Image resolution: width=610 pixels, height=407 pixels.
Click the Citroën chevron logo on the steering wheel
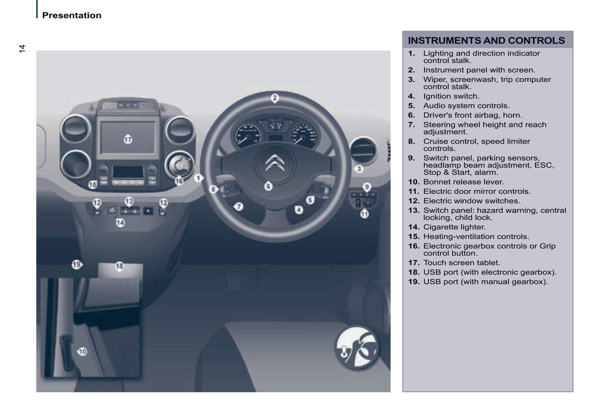pos(275,163)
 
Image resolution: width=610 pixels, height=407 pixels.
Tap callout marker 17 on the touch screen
pos(128,139)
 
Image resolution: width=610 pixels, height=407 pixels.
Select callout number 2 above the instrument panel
pos(275,98)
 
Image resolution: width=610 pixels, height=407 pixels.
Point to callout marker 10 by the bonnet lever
pos(82,352)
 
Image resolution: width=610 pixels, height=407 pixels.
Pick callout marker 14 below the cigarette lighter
pos(120,223)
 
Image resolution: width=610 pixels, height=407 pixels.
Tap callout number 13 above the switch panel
pos(129,201)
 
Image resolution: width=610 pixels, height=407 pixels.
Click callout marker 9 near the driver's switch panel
pos(367,187)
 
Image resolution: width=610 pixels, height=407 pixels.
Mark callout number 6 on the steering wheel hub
pos(268,186)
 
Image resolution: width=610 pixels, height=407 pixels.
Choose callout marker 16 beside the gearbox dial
pos(179,181)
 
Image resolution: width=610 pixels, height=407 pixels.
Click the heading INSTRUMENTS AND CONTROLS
pos(486,40)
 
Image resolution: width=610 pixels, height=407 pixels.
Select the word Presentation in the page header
pos(72,15)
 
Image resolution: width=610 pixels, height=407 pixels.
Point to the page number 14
pos(22,49)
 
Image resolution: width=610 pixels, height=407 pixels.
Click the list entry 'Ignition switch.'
pos(451,96)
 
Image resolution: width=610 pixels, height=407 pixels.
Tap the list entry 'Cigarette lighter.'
pos(454,227)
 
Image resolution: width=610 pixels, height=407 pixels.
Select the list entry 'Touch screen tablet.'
pos(461,263)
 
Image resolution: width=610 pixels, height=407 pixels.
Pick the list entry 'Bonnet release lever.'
pos(464,182)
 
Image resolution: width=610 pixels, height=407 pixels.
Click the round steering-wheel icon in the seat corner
pos(357,347)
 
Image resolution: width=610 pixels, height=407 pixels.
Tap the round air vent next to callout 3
pos(363,151)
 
